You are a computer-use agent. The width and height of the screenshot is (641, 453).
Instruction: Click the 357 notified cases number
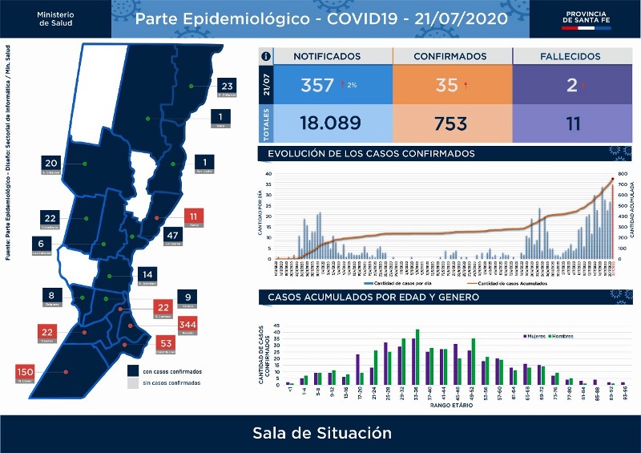tap(316, 85)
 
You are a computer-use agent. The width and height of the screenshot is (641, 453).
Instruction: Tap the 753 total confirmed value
tap(451, 124)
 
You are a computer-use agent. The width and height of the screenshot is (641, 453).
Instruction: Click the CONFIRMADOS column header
tap(450, 57)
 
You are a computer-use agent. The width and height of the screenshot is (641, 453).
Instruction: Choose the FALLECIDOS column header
tap(567, 57)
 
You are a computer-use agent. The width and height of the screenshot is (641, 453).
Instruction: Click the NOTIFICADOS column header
tap(327, 57)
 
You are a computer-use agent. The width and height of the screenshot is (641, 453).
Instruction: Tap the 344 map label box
tap(187, 326)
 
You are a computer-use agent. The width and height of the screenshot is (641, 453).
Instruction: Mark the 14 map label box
tap(146, 274)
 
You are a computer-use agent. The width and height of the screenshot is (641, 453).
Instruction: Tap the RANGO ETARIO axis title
tap(450, 406)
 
